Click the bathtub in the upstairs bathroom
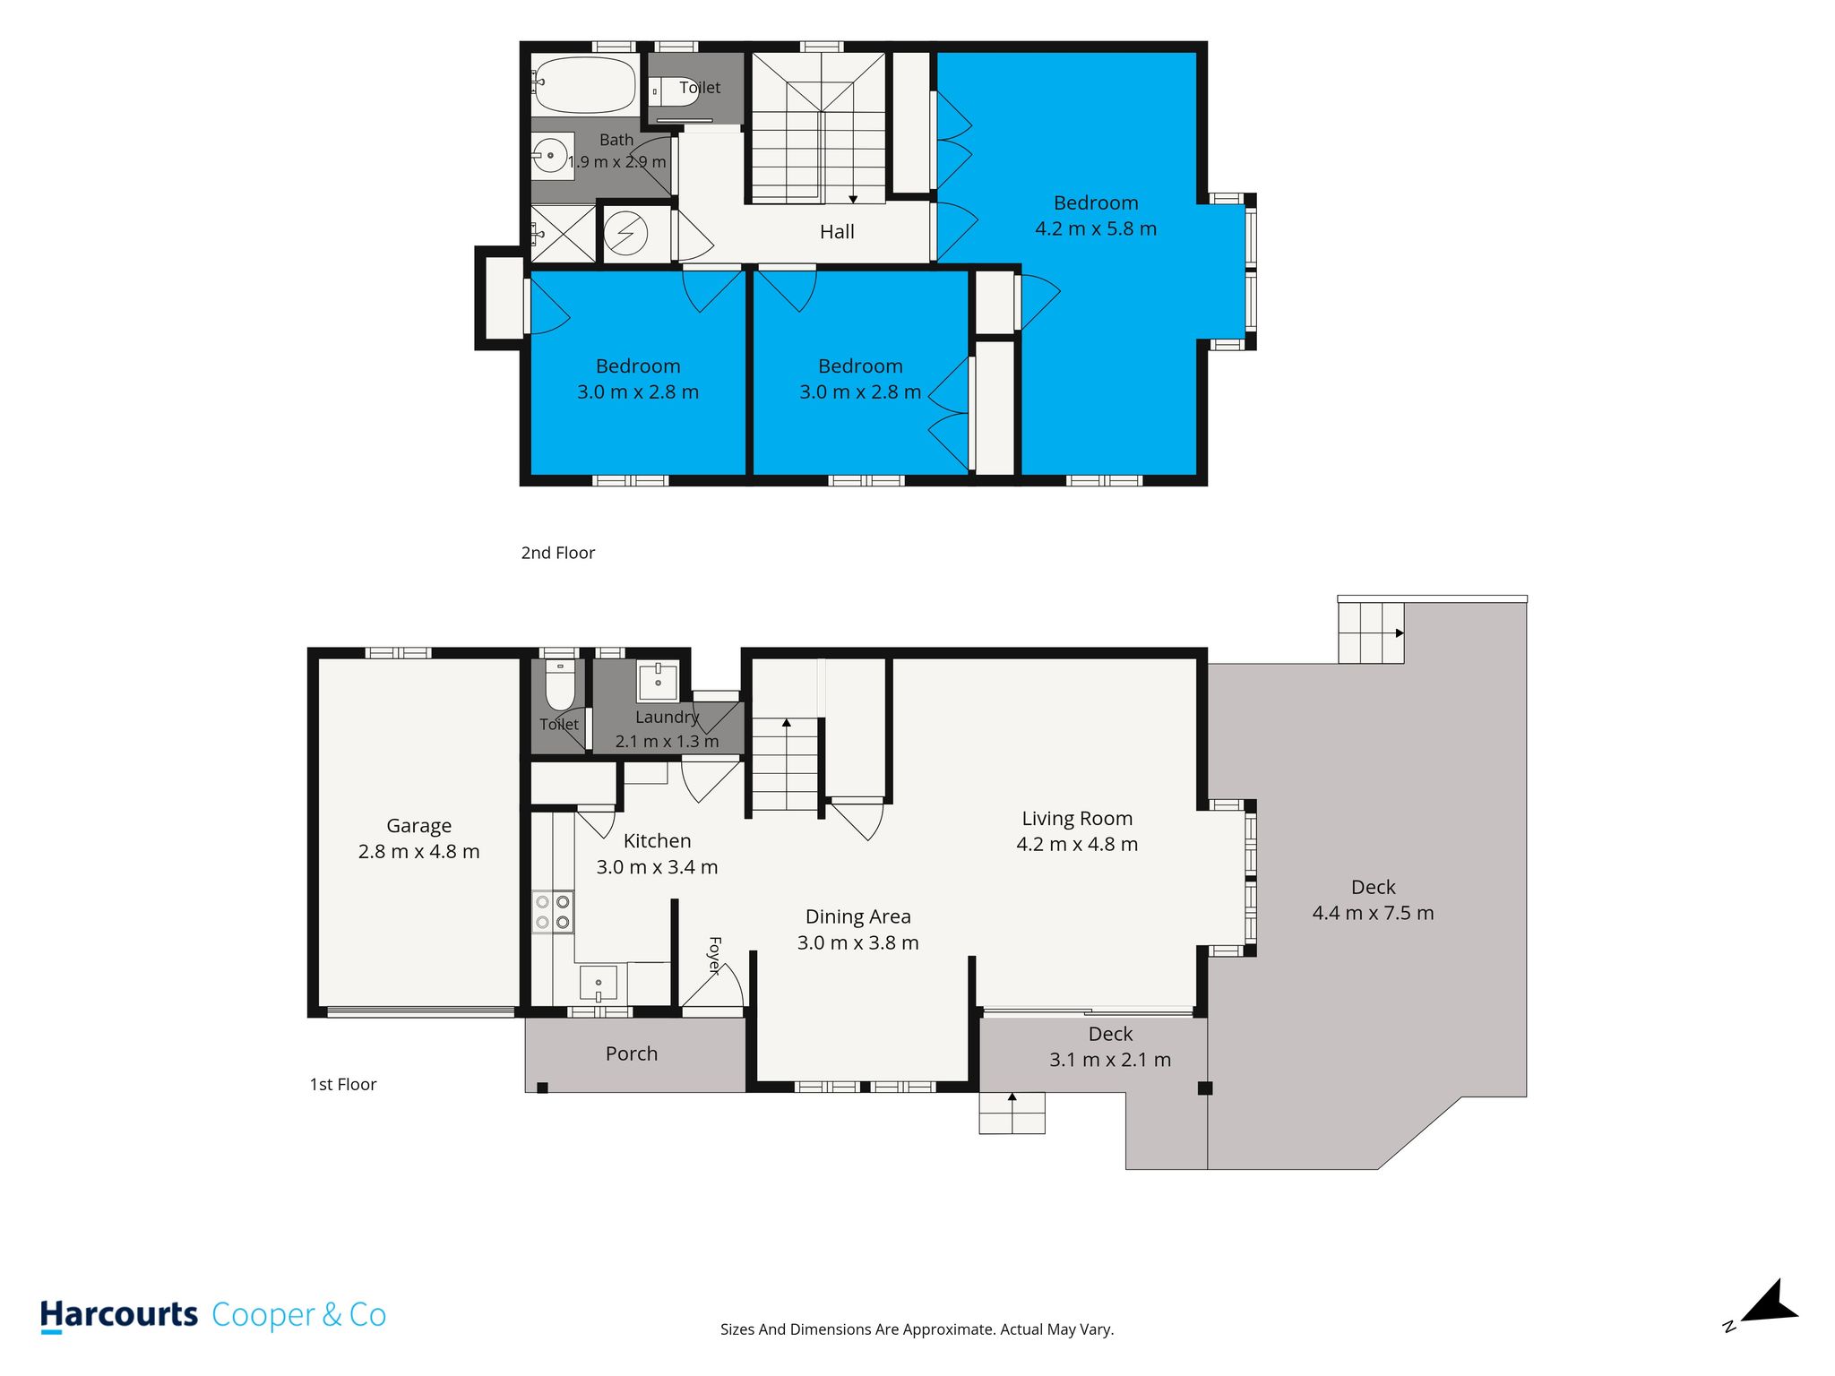pyautogui.click(x=584, y=84)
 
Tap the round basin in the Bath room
pyautogui.click(x=550, y=156)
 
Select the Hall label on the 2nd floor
pyautogui.click(x=837, y=232)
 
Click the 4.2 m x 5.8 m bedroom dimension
pyautogui.click(x=1096, y=228)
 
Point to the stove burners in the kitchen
pyautogui.click(x=553, y=912)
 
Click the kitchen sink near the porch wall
pyautogui.click(x=599, y=983)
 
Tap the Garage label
pyautogui.click(x=418, y=826)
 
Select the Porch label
pyautogui.click(x=632, y=1053)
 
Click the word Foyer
pyautogui.click(x=714, y=955)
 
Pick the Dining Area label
pyautogui.click(x=858, y=916)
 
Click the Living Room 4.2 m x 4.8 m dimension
pyautogui.click(x=1077, y=844)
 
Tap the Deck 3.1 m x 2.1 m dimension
pyautogui.click(x=1110, y=1060)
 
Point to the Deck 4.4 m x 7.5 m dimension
pyautogui.click(x=1373, y=913)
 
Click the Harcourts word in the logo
pyautogui.click(x=119, y=1315)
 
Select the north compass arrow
pyautogui.click(x=1768, y=1304)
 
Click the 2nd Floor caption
pyautogui.click(x=557, y=553)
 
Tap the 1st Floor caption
pyautogui.click(x=343, y=1084)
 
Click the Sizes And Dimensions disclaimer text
pyautogui.click(x=917, y=1329)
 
